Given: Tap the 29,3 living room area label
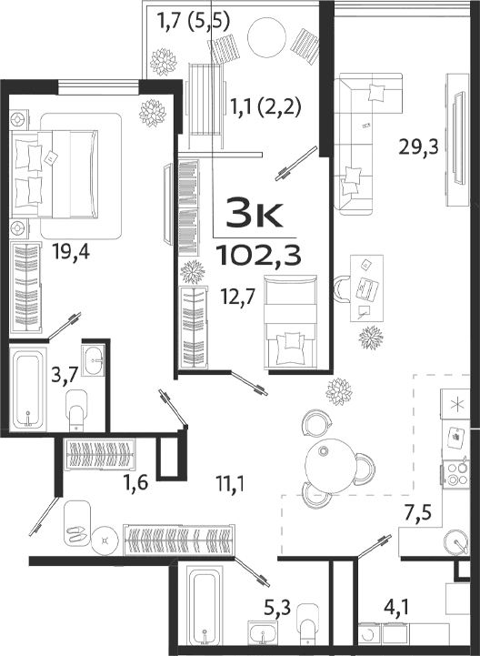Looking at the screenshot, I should (419, 145).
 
